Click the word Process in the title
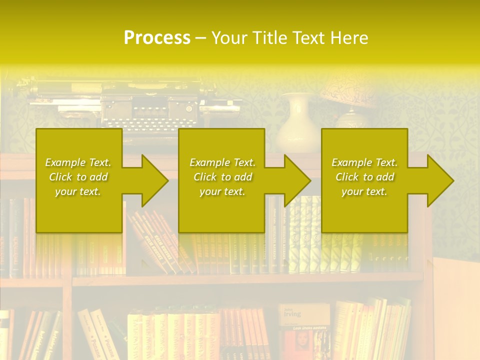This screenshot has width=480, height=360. [x=157, y=37]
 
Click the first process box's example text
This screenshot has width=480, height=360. [x=78, y=177]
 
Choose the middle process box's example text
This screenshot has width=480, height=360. [x=222, y=177]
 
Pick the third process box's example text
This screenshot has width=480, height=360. [x=364, y=177]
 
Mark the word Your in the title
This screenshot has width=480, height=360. [x=230, y=37]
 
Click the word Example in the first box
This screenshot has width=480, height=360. [x=64, y=162]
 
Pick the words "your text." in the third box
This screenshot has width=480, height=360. [x=364, y=191]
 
